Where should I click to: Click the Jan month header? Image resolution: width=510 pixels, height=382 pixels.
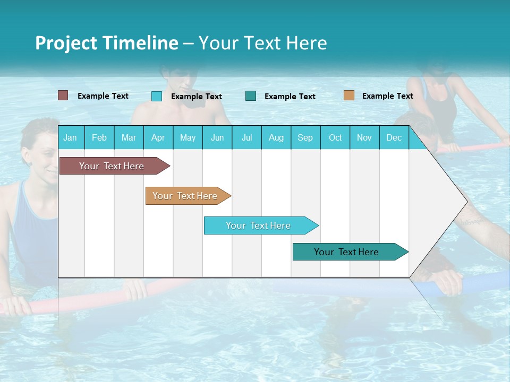click(70, 137)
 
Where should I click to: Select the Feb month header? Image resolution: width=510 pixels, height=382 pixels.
click(99, 137)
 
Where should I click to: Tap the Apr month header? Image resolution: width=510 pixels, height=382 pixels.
click(158, 137)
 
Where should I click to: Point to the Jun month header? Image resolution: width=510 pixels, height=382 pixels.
click(217, 137)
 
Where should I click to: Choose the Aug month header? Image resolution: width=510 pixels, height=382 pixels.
click(276, 137)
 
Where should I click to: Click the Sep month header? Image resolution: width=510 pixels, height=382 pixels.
click(305, 137)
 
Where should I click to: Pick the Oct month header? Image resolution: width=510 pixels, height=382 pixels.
click(335, 137)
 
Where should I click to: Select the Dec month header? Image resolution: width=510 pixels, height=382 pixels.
click(394, 137)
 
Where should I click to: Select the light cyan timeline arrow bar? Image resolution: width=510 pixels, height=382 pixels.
click(259, 225)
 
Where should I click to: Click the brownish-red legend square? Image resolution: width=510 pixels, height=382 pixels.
click(63, 95)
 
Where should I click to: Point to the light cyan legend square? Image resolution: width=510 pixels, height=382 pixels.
click(157, 96)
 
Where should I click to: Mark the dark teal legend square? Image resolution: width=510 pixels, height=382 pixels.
click(251, 96)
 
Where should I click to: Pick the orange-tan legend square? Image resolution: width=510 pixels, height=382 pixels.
click(348, 95)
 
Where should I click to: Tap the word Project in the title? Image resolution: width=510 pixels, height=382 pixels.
click(66, 43)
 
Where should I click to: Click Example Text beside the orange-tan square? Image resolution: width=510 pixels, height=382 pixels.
click(387, 96)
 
